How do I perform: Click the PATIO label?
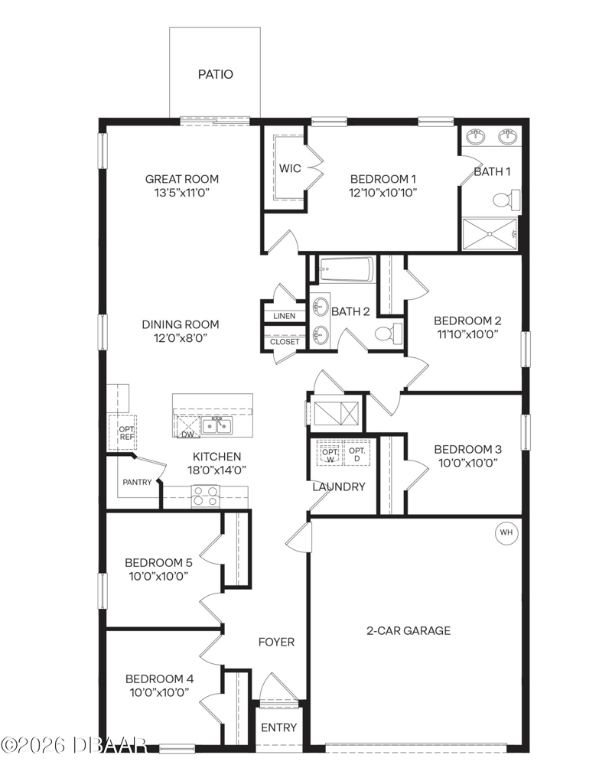[x=215, y=74]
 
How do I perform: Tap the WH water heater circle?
[x=506, y=532]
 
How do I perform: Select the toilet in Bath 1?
[x=506, y=200]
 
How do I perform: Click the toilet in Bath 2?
[x=388, y=332]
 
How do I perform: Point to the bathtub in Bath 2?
[x=347, y=269]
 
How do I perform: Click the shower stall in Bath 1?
[x=490, y=234]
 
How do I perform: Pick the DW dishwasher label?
[x=187, y=434]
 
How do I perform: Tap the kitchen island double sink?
[x=217, y=426]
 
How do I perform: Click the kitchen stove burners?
[x=206, y=496]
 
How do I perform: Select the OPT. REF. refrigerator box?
[x=122, y=432]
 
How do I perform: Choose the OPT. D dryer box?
[x=357, y=453]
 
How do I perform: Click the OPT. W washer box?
[x=330, y=453]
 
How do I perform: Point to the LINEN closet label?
[x=284, y=316]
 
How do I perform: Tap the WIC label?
[x=290, y=168]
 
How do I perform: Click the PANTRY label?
[x=137, y=482]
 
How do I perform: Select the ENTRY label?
[x=279, y=727]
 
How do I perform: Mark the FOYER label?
[x=276, y=642]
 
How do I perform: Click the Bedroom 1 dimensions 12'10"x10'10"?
[x=382, y=193]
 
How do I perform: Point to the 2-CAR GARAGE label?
[x=409, y=630]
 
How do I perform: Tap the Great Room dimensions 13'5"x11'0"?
[x=182, y=193]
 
